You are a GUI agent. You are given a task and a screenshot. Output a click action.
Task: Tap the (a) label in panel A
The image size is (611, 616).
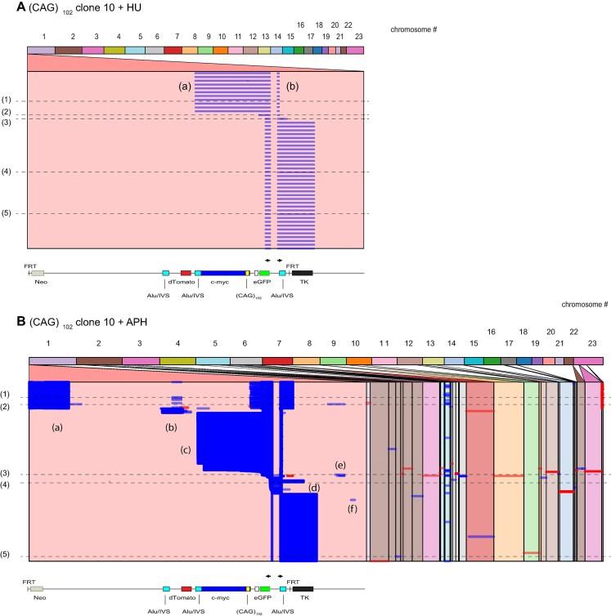pos(185,84)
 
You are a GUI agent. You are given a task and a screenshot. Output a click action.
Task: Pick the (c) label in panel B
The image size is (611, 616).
pos(186,449)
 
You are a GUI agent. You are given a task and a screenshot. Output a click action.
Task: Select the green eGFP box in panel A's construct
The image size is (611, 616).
pos(264,272)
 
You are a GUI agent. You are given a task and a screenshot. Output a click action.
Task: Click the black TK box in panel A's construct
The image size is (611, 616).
pos(303,272)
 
